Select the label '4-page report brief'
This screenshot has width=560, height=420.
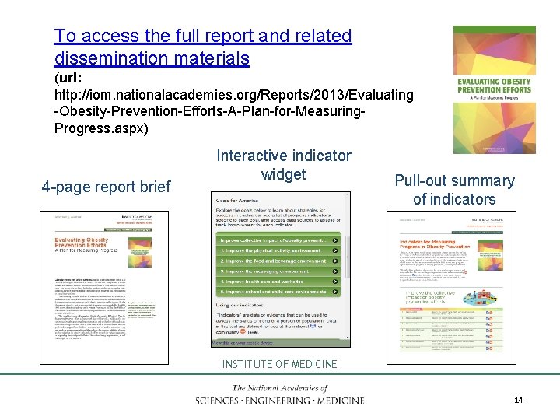pyautogui.click(x=106, y=187)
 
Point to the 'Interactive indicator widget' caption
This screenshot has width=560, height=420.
pyautogui.click(x=283, y=165)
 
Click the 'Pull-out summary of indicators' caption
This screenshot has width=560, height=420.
pyautogui.click(x=454, y=190)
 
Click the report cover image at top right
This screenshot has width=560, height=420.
pyautogui.click(x=494, y=89)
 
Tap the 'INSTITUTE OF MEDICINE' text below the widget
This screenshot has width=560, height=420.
pyautogui.click(x=280, y=364)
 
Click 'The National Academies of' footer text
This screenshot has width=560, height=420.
pyautogui.click(x=280, y=388)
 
